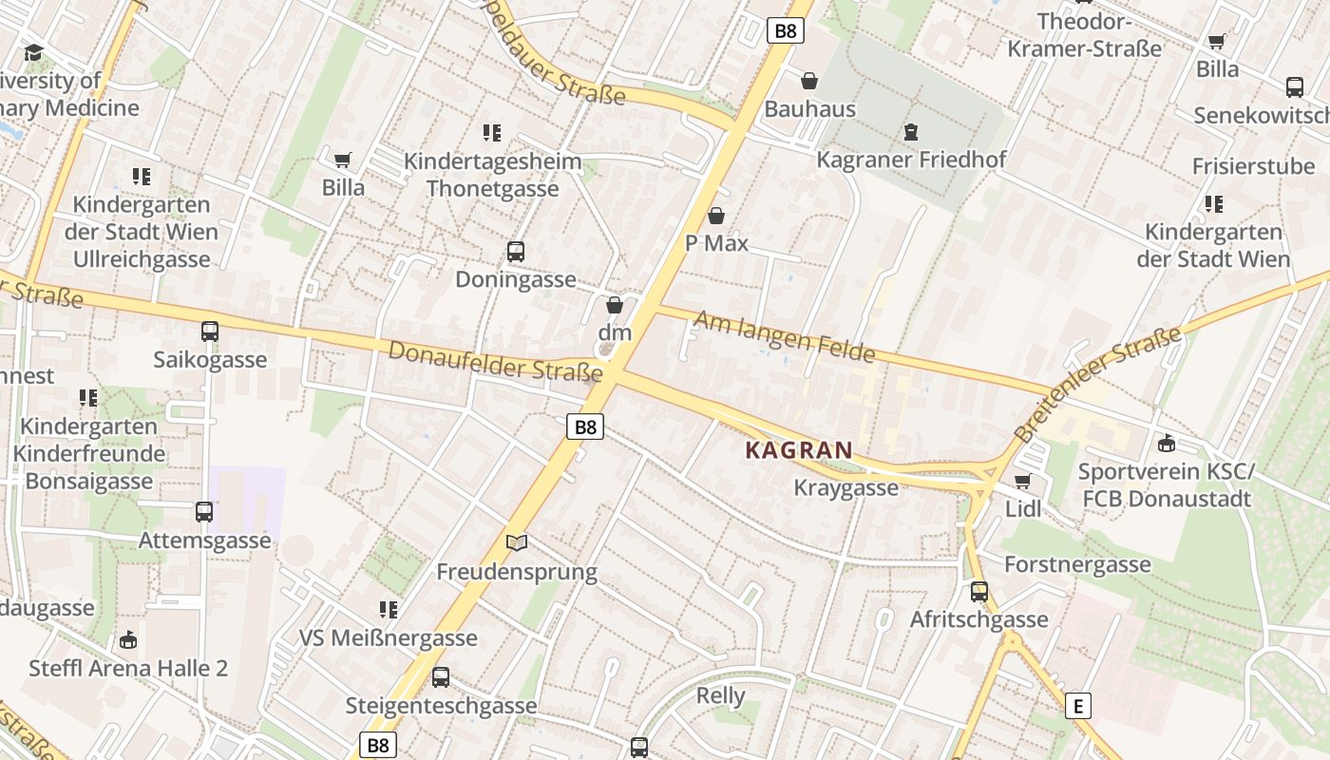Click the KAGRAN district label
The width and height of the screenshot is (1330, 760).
(x=799, y=450)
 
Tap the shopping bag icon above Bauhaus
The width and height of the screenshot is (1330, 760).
(x=809, y=82)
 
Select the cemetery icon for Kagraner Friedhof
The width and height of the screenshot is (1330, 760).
(x=911, y=132)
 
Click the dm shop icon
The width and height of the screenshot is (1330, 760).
(x=615, y=305)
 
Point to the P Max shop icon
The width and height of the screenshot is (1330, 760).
(x=716, y=216)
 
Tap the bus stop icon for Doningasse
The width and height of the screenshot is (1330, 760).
(x=515, y=252)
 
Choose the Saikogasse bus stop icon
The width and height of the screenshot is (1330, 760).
(x=210, y=332)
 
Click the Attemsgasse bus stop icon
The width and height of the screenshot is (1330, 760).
(x=204, y=512)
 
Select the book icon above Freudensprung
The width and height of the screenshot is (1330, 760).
(x=516, y=542)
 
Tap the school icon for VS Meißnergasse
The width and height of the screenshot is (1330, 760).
(x=388, y=609)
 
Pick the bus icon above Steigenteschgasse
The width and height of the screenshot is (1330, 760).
(x=441, y=677)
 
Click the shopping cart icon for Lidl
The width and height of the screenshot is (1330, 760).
(x=1023, y=481)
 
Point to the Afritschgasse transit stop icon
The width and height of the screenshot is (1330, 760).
(x=979, y=592)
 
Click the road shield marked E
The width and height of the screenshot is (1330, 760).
(x=1077, y=706)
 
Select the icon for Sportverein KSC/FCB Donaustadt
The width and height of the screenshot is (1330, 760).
(x=1167, y=444)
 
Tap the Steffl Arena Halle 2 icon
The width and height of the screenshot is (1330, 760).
(x=128, y=640)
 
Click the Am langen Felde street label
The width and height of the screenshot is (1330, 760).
(x=784, y=336)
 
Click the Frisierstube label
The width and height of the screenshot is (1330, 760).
(x=1253, y=166)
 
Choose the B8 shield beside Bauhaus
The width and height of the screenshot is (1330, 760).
(x=786, y=31)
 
